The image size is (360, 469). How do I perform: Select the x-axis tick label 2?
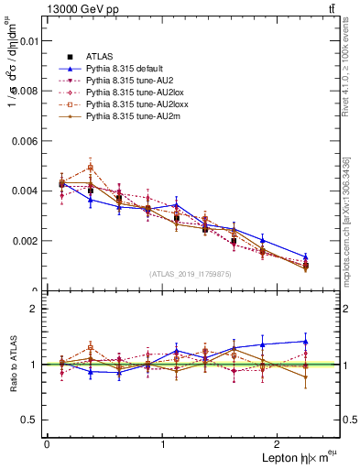point(279,444)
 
